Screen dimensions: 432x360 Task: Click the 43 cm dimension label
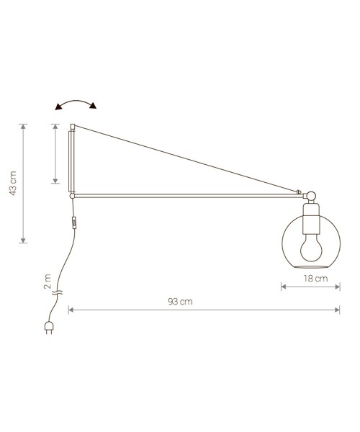click(12, 184)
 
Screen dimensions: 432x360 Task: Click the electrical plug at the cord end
click(50, 330)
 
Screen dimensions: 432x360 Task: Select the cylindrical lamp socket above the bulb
click(311, 217)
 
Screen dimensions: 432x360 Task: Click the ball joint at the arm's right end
click(310, 194)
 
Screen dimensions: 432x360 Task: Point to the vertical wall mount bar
click(71, 161)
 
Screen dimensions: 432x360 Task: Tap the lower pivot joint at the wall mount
click(71, 194)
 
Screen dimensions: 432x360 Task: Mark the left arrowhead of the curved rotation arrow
click(58, 107)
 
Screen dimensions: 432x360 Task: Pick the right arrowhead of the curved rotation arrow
click(94, 107)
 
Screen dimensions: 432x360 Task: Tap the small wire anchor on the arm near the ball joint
click(298, 192)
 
